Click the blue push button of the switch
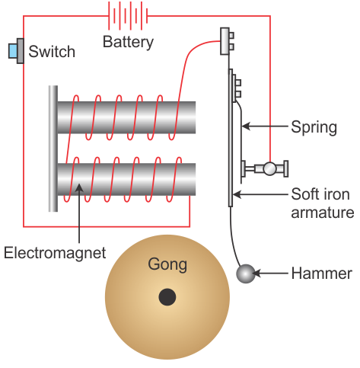coord(13,51)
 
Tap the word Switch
coord(52,52)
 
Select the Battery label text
coord(128,42)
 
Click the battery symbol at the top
coord(128,15)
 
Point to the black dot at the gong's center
coord(167,297)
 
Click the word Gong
coord(167,265)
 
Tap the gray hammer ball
coord(246,274)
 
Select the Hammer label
coord(321,274)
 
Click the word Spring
coord(314,127)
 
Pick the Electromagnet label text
coord(55,253)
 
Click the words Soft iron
coord(320,194)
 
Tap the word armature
coord(322,213)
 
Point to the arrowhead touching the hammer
coord(256,274)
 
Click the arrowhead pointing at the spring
coord(246,126)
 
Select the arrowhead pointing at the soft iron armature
coord(237,194)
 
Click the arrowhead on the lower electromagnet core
coord(79,187)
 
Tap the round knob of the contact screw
coord(269,169)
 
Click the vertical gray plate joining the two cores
coord(53,149)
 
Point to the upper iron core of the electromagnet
coord(126,117)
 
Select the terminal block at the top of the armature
coord(227,41)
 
